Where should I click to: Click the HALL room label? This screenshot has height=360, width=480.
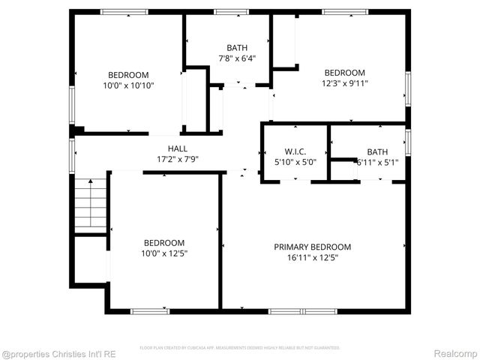178,148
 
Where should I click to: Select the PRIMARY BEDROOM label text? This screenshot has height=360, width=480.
312,247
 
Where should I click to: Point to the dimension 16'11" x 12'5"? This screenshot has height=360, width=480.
312,257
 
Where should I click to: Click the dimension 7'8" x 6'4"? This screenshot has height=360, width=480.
237,58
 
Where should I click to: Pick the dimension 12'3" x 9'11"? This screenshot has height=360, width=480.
344,83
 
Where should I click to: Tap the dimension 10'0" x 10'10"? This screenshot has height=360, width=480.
128,85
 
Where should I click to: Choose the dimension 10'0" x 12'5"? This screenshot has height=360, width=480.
164,253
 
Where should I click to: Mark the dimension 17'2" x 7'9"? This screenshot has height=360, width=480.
178,159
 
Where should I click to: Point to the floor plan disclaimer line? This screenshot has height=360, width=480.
240,348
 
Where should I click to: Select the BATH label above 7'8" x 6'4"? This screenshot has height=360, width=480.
237,47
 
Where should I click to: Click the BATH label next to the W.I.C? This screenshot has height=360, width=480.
377,151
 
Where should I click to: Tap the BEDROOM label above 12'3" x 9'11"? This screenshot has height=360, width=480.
344,73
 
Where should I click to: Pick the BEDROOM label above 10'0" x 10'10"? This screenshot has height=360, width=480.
128,75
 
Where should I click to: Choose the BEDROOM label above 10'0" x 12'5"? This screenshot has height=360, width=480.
164,243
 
